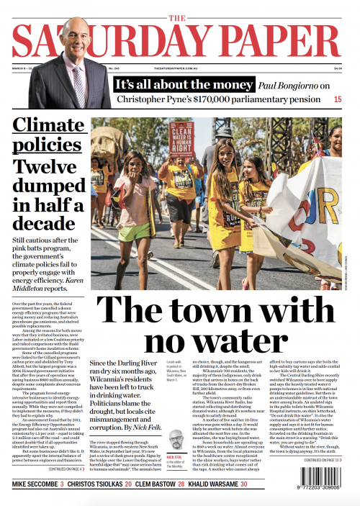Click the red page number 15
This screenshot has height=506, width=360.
pyautogui.click(x=337, y=97)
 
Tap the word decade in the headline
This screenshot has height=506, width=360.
pyautogui.click(x=48, y=215)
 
